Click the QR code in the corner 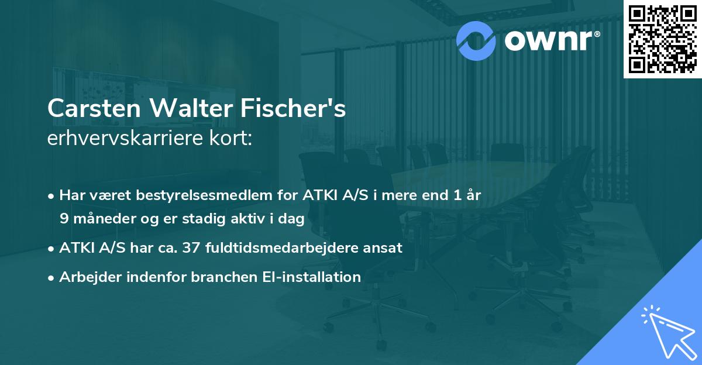[x=662, y=39]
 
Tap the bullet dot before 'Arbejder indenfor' [x=52, y=277]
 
